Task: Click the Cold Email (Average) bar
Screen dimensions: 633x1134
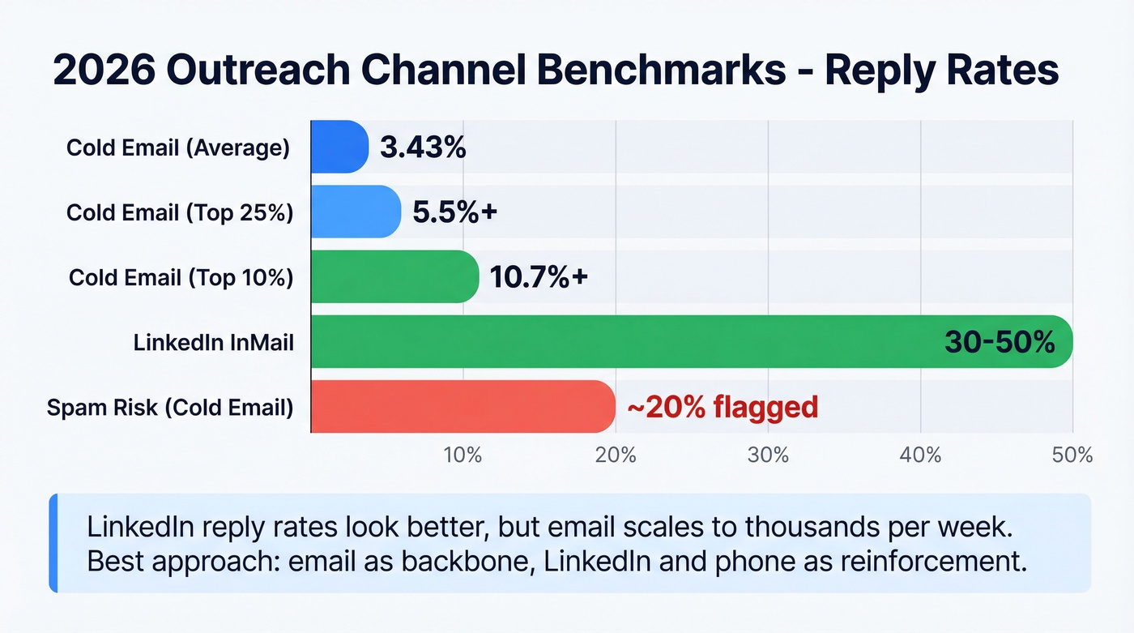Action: coord(339,147)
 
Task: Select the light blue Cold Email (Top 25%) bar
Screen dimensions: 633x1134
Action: coord(356,212)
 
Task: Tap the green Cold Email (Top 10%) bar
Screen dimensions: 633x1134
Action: coord(394,276)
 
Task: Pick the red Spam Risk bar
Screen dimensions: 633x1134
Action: coord(463,406)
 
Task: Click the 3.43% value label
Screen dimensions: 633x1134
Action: coord(423,148)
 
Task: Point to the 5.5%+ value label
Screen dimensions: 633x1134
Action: coord(454,212)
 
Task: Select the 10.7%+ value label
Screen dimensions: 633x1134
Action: coord(539,277)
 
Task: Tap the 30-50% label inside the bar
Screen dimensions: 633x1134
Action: coord(1000,342)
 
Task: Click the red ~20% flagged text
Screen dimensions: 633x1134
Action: coord(723,407)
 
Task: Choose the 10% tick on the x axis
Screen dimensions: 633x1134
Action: coord(463,455)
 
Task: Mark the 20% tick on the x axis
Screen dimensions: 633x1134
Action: coord(616,455)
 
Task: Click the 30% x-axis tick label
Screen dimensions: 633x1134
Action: coord(768,455)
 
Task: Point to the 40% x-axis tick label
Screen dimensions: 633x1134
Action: coord(920,455)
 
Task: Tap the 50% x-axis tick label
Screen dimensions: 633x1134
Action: coord(1072,455)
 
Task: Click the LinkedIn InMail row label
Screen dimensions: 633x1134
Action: coord(213,343)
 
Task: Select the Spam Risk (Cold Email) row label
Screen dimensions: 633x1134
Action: coord(170,407)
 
